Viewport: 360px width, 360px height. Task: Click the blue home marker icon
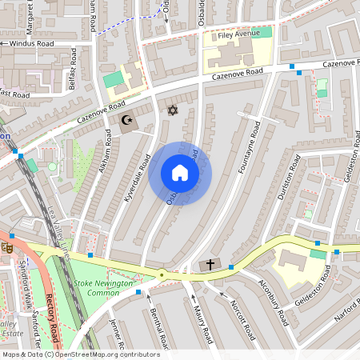tap(180, 173)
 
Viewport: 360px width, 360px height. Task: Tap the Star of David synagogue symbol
tap(171, 109)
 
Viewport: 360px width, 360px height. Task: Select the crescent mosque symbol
tap(126, 122)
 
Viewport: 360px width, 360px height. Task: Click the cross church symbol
tap(210, 264)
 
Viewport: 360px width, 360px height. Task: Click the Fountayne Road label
tap(250, 149)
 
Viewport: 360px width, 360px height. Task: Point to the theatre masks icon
tap(6, 246)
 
